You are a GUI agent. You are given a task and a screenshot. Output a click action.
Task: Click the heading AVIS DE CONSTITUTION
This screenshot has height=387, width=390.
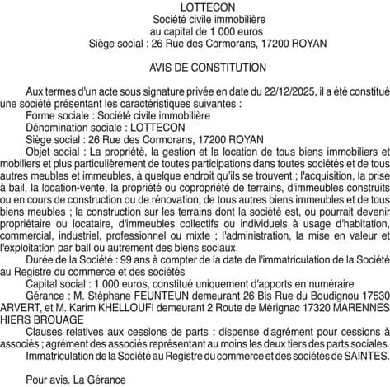[194, 71]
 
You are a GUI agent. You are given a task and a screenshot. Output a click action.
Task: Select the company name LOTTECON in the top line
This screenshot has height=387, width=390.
[194, 7]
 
